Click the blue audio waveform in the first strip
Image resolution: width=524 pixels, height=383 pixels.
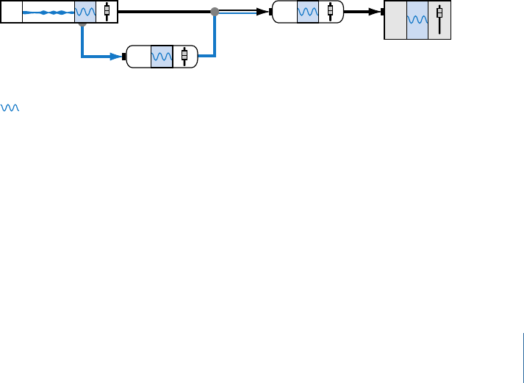click(49, 12)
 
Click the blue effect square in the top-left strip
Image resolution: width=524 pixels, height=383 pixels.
click(85, 12)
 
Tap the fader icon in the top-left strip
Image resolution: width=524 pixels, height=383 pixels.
click(107, 12)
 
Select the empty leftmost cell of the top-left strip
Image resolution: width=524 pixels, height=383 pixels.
click(12, 12)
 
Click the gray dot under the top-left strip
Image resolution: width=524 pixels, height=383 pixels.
click(82, 24)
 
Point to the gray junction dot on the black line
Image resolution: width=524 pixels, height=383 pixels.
click(214, 12)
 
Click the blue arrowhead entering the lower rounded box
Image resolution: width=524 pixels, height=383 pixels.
click(116, 56)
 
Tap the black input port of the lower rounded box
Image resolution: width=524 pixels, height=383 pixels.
click(124, 57)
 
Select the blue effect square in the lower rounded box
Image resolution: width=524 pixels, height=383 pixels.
click(161, 57)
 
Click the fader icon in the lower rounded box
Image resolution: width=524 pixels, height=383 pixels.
click(184, 56)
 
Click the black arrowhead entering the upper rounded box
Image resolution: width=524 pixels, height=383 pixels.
click(261, 12)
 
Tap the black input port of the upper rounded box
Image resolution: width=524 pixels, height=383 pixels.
click(270, 12)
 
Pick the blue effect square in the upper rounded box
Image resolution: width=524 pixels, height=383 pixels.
click(307, 12)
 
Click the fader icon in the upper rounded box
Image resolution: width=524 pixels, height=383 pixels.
click(330, 12)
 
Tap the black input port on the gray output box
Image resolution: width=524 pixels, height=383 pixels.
click(382, 12)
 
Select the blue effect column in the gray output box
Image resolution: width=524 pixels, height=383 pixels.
click(417, 21)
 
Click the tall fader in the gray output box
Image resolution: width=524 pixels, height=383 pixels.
click(439, 20)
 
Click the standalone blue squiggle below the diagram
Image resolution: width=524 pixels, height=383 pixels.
click(10, 107)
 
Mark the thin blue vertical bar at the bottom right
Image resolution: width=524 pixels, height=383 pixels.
click(523, 357)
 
